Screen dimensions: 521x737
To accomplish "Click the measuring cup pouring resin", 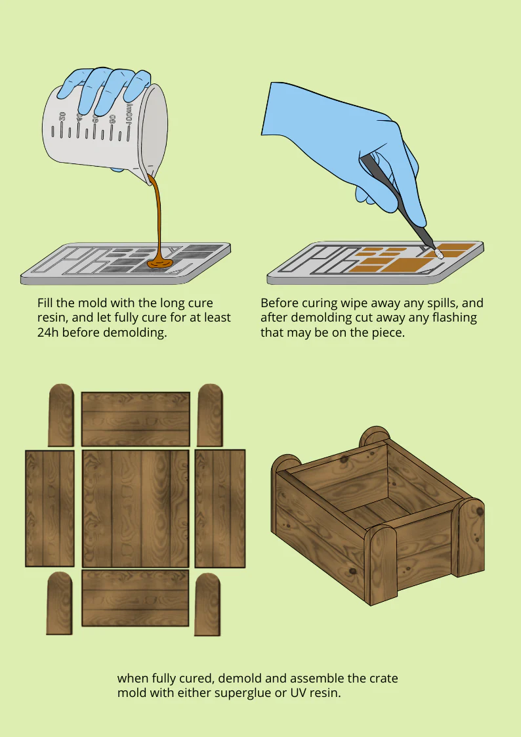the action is (106, 127).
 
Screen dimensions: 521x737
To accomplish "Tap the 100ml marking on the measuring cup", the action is (129, 114).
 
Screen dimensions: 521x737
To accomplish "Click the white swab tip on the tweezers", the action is (440, 253).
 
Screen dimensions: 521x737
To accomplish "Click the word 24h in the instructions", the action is (48, 332).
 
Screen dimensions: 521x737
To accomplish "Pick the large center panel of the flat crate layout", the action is (135, 508).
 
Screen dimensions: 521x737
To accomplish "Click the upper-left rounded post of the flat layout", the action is (61, 415).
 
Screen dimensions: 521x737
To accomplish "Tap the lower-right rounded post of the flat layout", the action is (207, 604).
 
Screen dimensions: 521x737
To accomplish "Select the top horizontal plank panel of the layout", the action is (136, 419).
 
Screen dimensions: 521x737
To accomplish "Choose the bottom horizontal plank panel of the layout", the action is (135, 598).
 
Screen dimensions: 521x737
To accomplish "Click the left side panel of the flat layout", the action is (50, 508).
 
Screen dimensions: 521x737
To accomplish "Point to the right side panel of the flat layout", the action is (220, 508).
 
